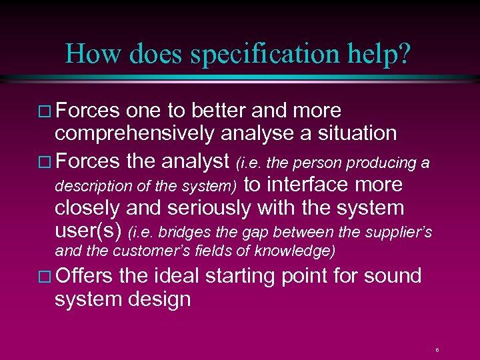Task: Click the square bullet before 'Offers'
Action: click(45, 277)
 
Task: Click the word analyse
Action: click(258, 133)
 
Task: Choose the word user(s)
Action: click(89, 231)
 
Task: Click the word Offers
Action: click(85, 276)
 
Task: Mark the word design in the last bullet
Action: click(161, 299)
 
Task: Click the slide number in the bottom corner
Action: click(437, 349)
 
